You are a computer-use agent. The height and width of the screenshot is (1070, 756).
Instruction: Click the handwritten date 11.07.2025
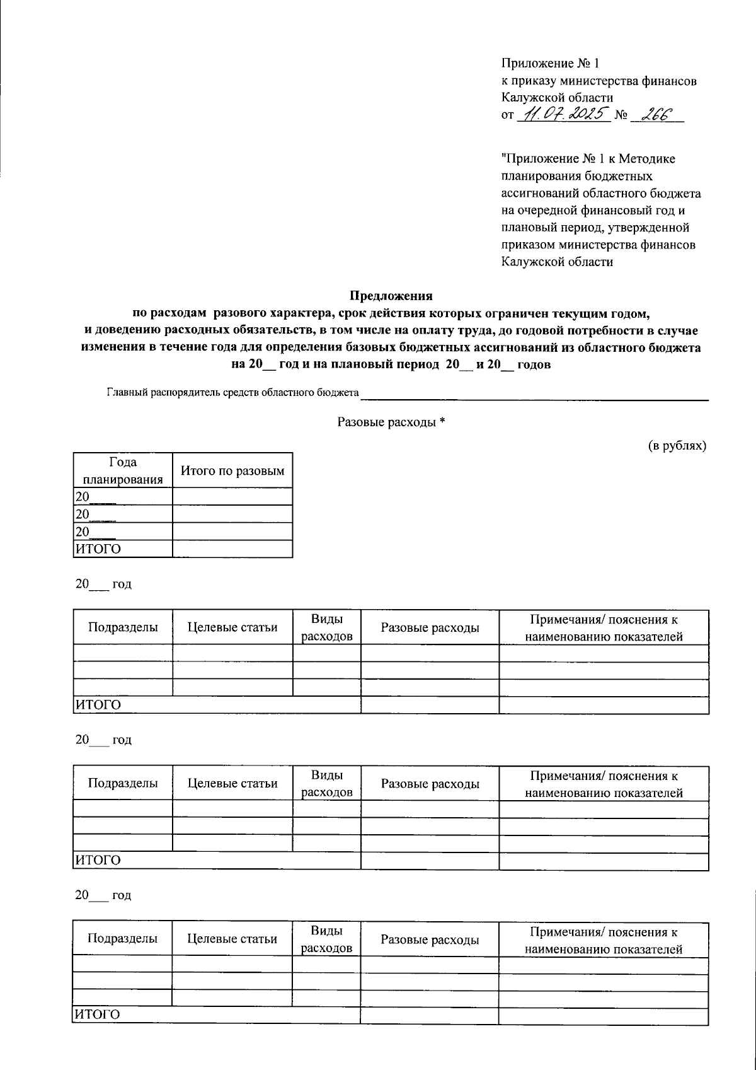pos(563,115)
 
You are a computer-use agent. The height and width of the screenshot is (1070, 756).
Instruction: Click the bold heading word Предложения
pos(391,295)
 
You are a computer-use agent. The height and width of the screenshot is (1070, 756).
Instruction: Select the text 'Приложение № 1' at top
pos(549,64)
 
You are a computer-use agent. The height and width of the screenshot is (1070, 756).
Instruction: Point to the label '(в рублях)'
pos(678,446)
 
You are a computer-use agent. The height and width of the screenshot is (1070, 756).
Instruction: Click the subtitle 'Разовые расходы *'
pos(391,422)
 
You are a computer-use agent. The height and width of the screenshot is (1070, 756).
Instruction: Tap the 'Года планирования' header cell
pos(123,470)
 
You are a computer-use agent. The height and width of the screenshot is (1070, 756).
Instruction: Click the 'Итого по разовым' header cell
pos(232,470)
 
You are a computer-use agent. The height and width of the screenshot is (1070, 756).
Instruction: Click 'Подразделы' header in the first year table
pos(123,627)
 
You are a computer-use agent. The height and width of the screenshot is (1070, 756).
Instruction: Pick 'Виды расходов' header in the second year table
pos(327,784)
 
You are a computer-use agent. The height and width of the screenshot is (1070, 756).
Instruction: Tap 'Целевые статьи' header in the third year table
pos(232,939)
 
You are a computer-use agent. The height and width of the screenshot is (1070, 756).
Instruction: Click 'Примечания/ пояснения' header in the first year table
pos(604,627)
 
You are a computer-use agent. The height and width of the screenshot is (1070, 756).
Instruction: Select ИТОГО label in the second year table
pos(98,861)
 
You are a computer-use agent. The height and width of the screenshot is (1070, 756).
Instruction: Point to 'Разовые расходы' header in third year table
pos(430,939)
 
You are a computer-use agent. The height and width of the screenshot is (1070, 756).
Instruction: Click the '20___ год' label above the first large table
pos(103,584)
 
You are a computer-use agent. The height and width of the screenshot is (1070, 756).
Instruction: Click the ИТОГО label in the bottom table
pos(98,1015)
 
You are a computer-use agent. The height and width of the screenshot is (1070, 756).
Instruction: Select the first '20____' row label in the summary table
pos(94,497)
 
